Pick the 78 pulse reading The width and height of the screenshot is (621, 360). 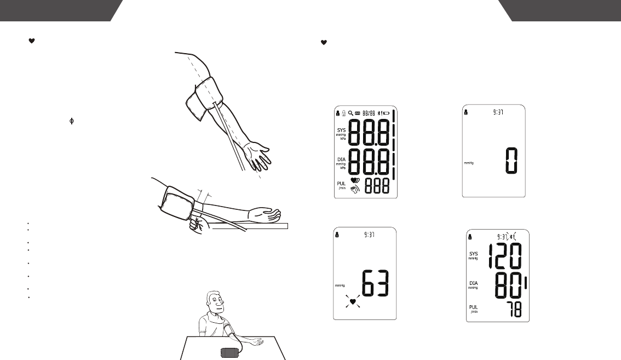point(514,311)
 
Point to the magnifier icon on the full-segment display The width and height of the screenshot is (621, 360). point(350,114)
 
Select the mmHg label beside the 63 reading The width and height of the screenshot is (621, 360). point(340,285)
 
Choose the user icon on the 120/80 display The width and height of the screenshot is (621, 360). point(470,237)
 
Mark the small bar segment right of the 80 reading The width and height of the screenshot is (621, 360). point(525,284)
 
